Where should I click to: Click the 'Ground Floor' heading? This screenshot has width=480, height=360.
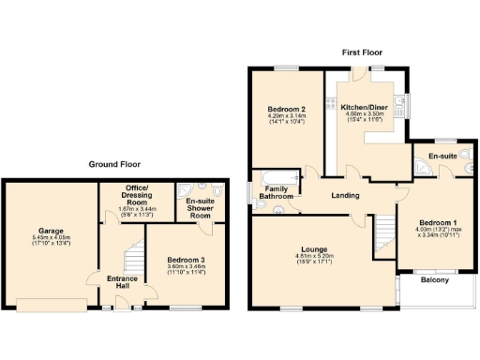pos(115,164)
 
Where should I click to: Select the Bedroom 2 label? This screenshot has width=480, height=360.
pos(286,110)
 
